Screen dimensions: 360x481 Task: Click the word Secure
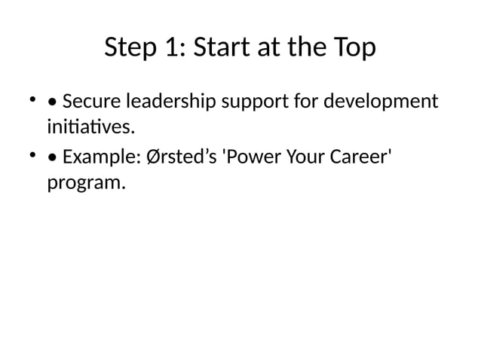[x=90, y=101]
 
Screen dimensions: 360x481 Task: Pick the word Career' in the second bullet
[x=366, y=159]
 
